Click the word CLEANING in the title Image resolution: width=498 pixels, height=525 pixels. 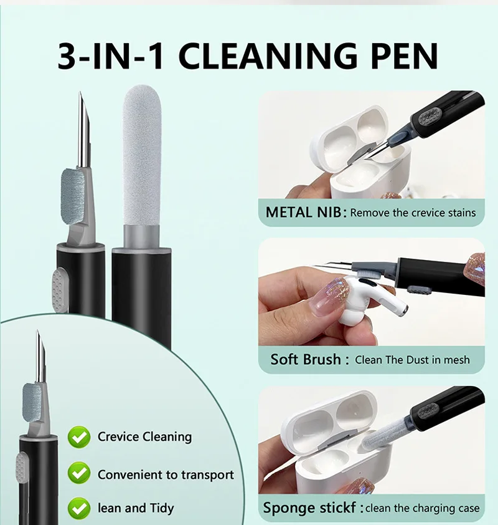point(268,55)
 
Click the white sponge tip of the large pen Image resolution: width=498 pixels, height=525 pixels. point(141,155)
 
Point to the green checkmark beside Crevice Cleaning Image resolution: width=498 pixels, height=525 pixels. point(79,437)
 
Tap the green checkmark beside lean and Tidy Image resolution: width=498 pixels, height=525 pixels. point(79,508)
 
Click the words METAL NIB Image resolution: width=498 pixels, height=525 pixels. point(304,212)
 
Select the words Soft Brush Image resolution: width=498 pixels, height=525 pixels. point(305,359)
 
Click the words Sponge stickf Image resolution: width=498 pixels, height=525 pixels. point(309,508)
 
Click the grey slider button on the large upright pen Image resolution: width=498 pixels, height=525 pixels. point(60,289)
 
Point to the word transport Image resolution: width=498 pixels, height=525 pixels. point(207,474)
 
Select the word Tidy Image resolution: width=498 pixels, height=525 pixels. point(161,508)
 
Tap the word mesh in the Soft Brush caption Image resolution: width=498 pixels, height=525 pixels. point(456,360)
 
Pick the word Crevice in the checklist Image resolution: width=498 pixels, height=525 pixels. point(118,436)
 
